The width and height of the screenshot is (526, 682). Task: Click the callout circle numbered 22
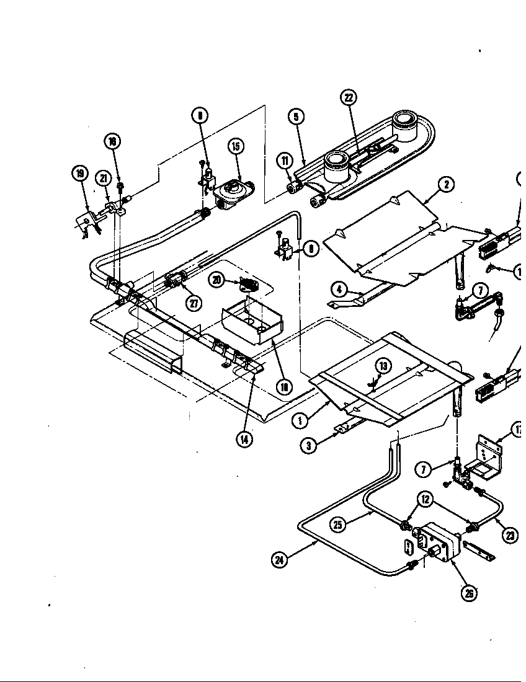(x=349, y=98)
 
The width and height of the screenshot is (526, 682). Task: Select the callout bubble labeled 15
(x=235, y=147)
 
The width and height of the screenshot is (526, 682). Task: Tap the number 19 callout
(x=80, y=174)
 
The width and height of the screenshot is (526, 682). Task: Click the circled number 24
(x=280, y=560)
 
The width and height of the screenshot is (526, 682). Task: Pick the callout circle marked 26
(x=470, y=593)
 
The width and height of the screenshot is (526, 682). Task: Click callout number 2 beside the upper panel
(x=445, y=184)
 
